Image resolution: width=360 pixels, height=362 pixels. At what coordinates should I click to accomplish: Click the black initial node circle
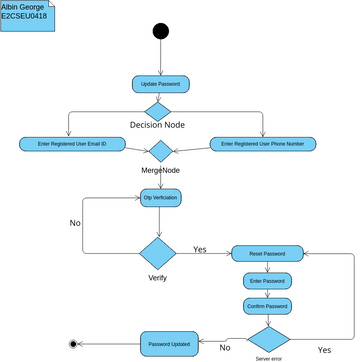click(161, 31)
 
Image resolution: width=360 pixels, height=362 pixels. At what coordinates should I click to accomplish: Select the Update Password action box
click(161, 84)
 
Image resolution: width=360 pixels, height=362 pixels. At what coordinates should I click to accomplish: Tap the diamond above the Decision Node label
click(159, 110)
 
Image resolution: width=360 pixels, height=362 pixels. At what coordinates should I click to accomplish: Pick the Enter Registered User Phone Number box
click(263, 144)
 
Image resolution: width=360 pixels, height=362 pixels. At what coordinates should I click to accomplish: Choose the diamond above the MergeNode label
click(160, 151)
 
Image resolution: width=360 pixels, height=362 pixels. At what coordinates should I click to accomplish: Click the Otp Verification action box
click(160, 198)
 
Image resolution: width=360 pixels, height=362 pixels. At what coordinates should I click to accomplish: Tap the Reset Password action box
click(268, 253)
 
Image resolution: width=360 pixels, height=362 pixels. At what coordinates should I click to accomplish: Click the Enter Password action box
click(267, 281)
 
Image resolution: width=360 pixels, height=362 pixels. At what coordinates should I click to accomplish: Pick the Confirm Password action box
click(267, 306)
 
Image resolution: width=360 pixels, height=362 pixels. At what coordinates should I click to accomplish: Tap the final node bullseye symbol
click(73, 344)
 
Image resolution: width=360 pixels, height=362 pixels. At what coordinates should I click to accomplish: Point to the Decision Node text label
click(157, 125)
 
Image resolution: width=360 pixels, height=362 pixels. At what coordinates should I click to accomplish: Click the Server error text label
click(269, 357)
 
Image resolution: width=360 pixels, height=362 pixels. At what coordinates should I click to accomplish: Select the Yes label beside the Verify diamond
click(200, 249)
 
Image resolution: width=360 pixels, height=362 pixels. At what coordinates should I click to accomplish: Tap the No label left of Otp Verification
click(75, 222)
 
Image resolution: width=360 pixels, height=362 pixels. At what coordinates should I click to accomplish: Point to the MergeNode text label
click(160, 171)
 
